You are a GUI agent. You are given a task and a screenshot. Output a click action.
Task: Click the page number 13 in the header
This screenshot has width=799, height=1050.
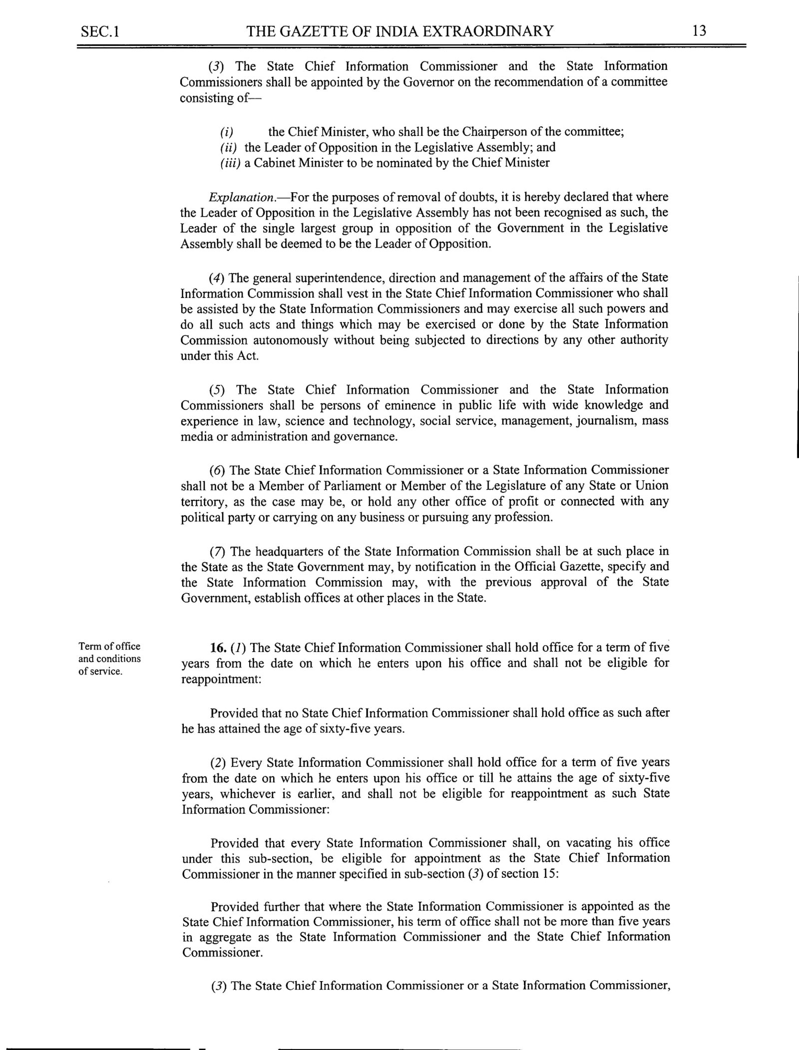point(699,31)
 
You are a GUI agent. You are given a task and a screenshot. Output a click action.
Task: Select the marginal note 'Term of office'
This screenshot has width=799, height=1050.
point(109,647)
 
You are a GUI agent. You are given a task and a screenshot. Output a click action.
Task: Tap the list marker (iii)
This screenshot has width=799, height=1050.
point(231,163)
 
